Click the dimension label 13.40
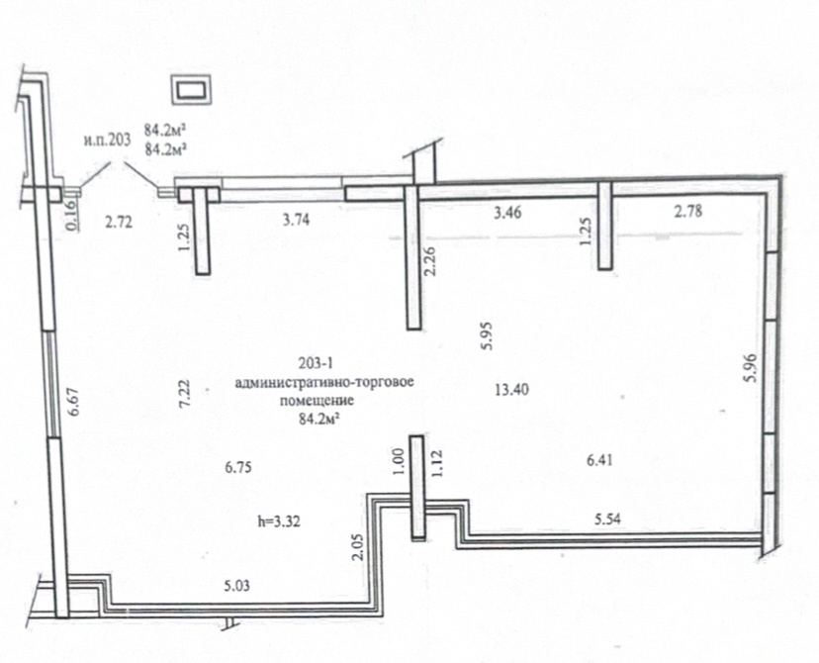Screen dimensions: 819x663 tap(511, 389)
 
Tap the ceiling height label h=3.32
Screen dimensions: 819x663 tap(280, 521)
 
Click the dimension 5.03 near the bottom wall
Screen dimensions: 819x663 tap(237, 586)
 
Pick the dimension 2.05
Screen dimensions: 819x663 tap(358, 546)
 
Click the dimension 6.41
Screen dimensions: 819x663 tap(599, 460)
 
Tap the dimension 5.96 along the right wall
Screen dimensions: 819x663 tap(751, 368)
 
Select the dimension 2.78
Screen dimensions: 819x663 tap(688, 211)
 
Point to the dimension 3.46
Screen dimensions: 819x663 tap(507, 212)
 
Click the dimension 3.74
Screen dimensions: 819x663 tap(296, 220)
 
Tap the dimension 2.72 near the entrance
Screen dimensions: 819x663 tap(119, 222)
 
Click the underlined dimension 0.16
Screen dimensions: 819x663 tap(73, 216)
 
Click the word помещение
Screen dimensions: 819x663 tap(318, 401)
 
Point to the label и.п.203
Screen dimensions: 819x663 tap(106, 141)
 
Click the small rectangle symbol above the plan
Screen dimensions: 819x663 tap(192, 90)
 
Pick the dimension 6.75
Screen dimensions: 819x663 tap(238, 466)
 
